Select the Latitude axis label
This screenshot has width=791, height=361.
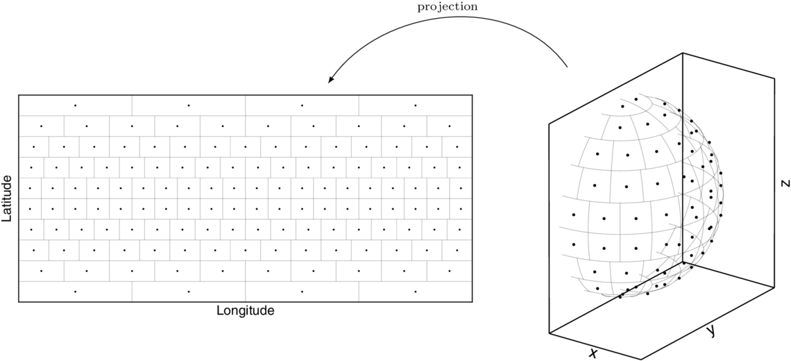[8, 199]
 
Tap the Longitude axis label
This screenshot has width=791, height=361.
[246, 311]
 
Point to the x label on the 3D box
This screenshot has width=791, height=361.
[593, 353]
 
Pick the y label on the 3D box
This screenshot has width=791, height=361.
[710, 331]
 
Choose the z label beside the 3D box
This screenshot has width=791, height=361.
[784, 183]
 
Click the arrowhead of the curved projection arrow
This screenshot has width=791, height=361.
[330, 81]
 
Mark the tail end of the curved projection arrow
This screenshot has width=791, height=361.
[568, 67]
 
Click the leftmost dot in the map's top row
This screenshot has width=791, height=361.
[75, 105]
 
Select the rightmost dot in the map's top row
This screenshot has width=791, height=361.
[416, 105]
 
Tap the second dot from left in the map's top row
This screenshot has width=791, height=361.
[189, 105]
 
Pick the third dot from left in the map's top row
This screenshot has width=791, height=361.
[302, 105]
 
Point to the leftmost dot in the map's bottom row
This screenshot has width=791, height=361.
[75, 292]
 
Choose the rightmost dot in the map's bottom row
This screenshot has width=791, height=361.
[416, 292]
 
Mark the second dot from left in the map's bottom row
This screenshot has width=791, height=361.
[189, 292]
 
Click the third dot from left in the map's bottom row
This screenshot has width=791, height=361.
[302, 292]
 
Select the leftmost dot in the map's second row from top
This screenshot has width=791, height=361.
[41, 126]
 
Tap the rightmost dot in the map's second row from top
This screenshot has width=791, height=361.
[450, 126]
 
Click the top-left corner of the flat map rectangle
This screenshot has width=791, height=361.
[19, 95]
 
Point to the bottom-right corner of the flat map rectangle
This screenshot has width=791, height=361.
[473, 302]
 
